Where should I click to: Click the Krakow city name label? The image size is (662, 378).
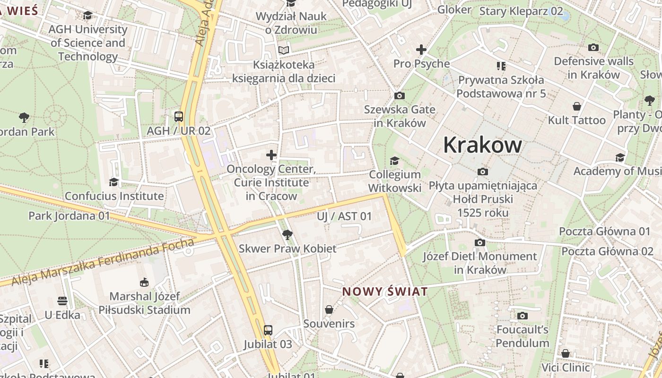482,145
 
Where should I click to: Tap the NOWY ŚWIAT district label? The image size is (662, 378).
385,292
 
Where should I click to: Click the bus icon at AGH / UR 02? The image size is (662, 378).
179,117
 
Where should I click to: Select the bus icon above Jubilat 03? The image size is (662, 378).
268,330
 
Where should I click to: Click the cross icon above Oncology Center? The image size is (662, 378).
271,155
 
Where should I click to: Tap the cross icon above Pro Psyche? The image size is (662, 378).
421,50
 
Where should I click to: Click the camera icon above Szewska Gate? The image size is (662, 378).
400,96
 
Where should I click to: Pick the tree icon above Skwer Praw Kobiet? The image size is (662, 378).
287,234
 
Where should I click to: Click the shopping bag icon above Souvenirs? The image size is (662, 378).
329,310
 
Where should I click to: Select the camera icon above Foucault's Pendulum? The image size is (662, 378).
523,316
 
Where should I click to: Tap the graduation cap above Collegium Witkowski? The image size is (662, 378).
394,161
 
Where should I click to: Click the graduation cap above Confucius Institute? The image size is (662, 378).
113,182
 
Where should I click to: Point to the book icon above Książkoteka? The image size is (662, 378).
284,50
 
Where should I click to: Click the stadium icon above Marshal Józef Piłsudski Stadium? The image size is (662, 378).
144,283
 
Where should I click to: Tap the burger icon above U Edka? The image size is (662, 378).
62,301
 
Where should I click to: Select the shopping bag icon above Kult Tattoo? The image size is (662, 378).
576,106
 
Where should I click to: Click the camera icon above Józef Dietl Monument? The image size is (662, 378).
480,243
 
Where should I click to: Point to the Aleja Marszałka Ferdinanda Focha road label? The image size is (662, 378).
103,262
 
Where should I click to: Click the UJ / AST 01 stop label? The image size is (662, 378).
344,216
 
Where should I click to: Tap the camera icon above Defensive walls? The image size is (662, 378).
593,48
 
